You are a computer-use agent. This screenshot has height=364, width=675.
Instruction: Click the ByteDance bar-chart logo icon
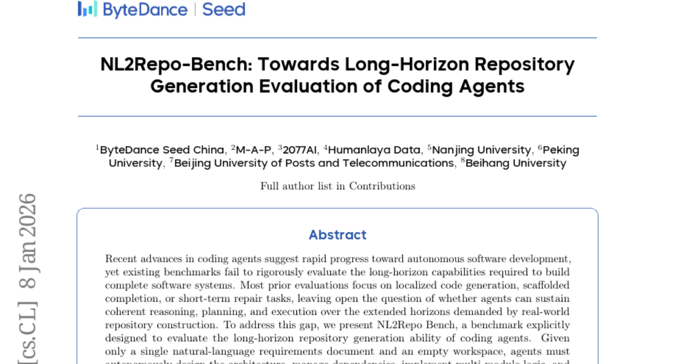[x=87, y=9]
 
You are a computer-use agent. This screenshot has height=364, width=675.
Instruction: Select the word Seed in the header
[x=224, y=10]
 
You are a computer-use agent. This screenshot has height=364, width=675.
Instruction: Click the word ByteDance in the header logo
[x=145, y=10]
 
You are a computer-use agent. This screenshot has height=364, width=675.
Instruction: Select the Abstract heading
[x=337, y=235]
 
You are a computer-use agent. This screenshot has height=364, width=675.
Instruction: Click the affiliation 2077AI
[x=300, y=150]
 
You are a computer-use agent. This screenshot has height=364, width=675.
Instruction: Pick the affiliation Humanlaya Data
[x=374, y=150]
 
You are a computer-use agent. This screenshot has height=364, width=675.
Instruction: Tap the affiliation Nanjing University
[x=481, y=150]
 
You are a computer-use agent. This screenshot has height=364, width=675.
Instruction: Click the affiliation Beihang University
[x=516, y=163]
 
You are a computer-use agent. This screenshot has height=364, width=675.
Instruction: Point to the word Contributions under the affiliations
[x=382, y=186]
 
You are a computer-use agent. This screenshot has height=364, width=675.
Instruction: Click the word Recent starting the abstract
[x=121, y=259]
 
